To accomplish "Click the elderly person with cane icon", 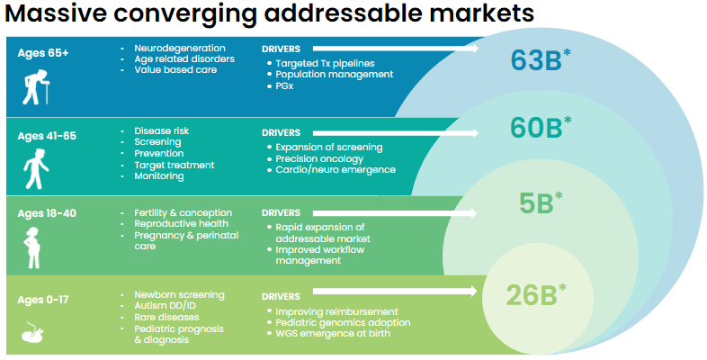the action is click(36, 87).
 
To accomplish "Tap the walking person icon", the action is click(36, 168).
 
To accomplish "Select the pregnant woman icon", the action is click(32, 247).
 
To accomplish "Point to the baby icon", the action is click(32, 332).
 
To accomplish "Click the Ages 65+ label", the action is click(43, 53).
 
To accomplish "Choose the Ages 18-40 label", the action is click(47, 213).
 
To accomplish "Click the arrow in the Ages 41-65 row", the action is click(396, 133).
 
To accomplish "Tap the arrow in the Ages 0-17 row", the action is click(395, 292).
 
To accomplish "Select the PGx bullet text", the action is click(284, 85).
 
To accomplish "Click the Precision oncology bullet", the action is click(319, 158).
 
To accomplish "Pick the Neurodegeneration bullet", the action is click(180, 49).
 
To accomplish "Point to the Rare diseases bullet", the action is click(166, 317).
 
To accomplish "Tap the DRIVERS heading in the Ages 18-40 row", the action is click(281, 213).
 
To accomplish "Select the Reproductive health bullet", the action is click(182, 224).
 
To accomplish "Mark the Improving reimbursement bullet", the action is click(336, 311).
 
